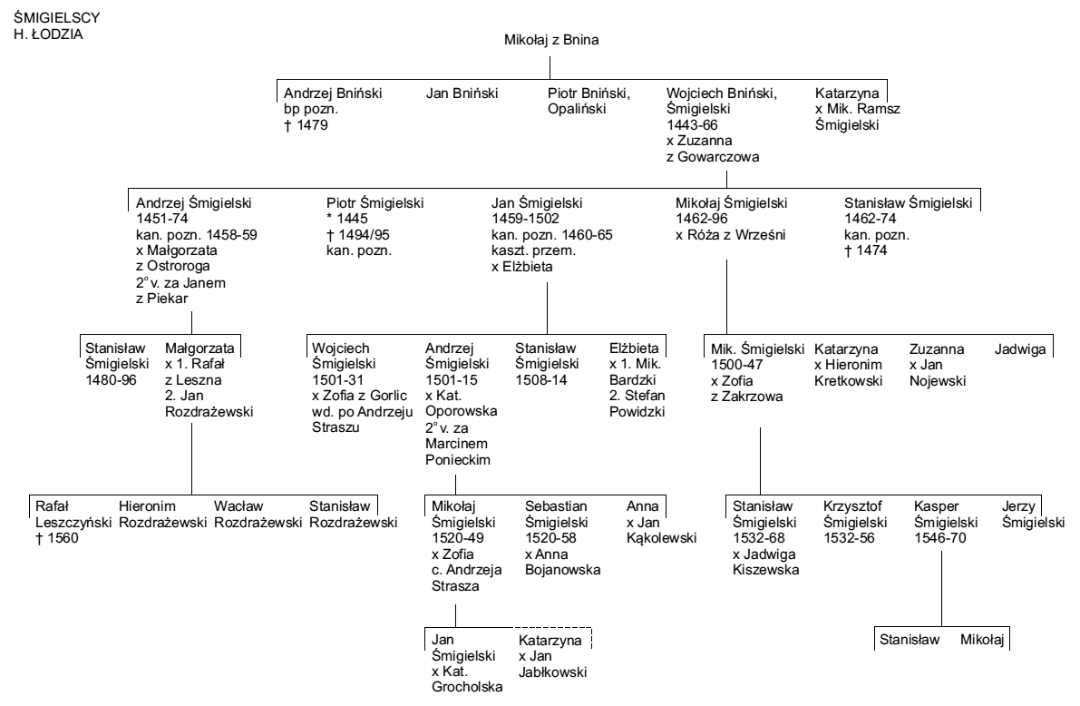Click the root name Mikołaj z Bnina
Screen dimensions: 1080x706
click(x=551, y=40)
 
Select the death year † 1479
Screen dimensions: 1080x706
click(x=306, y=125)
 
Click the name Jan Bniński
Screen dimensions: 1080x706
click(x=462, y=93)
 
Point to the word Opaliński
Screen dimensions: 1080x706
click(x=577, y=109)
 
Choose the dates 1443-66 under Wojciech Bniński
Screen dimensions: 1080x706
click(x=692, y=125)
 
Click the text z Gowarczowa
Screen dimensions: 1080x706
click(x=713, y=156)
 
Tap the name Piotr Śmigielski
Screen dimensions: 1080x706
click(x=375, y=203)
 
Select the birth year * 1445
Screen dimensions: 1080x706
click(x=347, y=219)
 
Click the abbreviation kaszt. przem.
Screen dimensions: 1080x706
click(x=533, y=250)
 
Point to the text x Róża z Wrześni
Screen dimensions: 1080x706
click(x=730, y=234)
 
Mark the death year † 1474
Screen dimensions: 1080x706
click(x=866, y=250)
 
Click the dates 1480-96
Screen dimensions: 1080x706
click(x=111, y=380)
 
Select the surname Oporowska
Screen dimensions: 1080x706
click(x=461, y=412)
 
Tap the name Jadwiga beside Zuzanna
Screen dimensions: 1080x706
click(x=1020, y=349)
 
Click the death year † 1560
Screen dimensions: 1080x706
click(x=57, y=538)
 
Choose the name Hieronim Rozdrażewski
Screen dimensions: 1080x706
click(x=162, y=515)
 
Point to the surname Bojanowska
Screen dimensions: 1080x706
click(x=563, y=570)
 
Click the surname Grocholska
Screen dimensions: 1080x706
click(x=467, y=687)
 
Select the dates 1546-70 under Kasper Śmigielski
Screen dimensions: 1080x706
click(x=939, y=538)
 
